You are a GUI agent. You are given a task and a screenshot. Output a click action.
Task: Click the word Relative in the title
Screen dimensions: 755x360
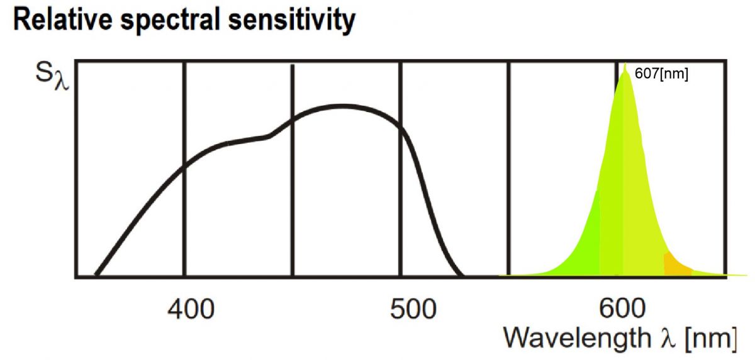(x=63, y=20)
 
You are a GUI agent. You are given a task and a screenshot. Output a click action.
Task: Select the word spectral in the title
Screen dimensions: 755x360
(x=171, y=21)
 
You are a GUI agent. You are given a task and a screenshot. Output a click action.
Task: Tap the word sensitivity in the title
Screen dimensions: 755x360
(x=291, y=21)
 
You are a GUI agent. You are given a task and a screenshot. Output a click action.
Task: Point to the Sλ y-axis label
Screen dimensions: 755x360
(x=52, y=77)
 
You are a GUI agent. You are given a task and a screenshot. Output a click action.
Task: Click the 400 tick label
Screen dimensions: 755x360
(x=191, y=309)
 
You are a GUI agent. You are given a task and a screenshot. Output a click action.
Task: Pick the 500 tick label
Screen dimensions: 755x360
(x=413, y=309)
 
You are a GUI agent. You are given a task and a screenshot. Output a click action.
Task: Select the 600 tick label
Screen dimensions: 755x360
(x=622, y=308)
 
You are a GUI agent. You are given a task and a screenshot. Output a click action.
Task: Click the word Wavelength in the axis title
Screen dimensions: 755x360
(x=578, y=338)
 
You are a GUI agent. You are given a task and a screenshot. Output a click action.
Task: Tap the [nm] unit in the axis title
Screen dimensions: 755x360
(x=711, y=339)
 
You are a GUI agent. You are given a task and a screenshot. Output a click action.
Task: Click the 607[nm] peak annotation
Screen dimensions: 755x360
(x=661, y=74)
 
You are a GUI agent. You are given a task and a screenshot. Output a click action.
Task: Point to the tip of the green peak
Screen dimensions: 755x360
(x=625, y=64)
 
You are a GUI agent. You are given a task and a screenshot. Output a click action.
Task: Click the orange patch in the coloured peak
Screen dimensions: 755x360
(x=676, y=266)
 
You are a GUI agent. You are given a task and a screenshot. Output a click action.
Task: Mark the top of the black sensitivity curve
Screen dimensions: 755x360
(x=342, y=107)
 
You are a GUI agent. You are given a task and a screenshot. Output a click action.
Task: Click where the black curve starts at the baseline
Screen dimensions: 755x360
(x=97, y=274)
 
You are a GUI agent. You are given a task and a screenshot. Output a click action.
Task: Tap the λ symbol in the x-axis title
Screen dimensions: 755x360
(x=668, y=338)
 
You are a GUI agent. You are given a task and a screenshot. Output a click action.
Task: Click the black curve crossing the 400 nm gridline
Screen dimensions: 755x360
(x=184, y=166)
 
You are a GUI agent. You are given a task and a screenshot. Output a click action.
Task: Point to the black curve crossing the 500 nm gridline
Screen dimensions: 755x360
(x=400, y=127)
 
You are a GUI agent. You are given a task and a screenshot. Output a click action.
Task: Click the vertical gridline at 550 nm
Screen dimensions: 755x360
(x=508, y=169)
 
